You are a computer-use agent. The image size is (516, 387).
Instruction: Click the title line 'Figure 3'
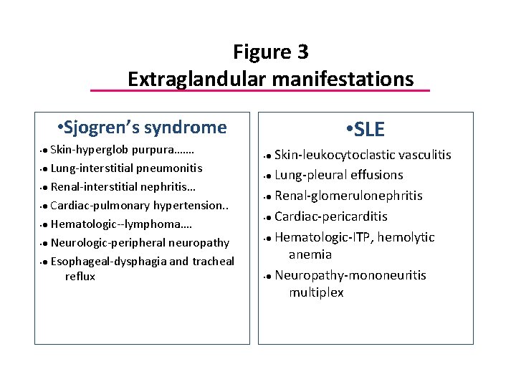coord(270,52)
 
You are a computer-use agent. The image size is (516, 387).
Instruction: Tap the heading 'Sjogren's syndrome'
coord(145,128)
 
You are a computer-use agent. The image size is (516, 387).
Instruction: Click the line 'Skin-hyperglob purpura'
coord(122,151)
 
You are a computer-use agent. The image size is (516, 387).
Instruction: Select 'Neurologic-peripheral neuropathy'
coord(140,243)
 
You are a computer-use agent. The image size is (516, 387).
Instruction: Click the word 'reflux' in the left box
coord(80,277)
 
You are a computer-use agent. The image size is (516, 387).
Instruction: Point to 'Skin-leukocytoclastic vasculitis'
coord(363,155)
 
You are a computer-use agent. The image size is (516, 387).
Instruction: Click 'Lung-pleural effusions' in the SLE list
coord(338,175)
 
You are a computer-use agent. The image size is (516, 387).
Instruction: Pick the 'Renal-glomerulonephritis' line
coord(348,196)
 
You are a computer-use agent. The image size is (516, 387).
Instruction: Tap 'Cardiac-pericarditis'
coord(331,216)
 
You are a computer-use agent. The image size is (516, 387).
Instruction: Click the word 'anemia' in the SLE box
coord(310,254)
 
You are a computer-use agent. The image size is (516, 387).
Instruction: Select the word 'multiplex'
coord(316,292)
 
